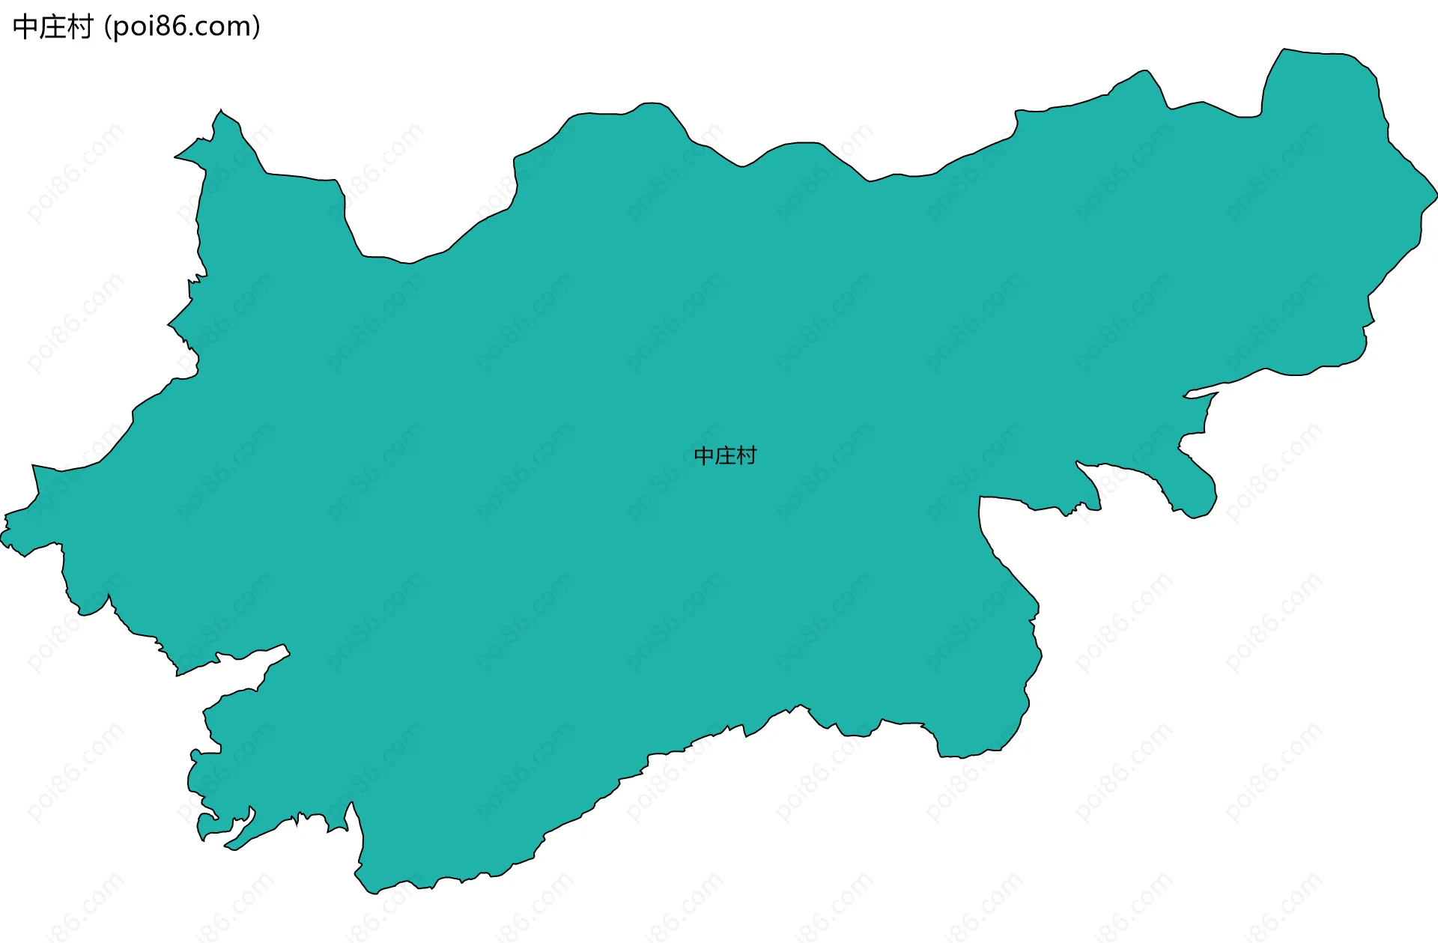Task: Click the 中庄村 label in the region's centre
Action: (725, 455)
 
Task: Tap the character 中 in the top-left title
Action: (25, 27)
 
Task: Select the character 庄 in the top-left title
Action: (52, 27)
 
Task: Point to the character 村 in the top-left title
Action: (79, 27)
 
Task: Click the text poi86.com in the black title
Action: (182, 27)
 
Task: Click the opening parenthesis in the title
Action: (108, 28)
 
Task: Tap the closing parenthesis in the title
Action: (256, 28)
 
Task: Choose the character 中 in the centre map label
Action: (704, 455)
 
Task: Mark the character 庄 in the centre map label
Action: (725, 455)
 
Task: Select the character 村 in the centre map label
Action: (747, 455)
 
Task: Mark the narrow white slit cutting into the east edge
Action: (1198, 394)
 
